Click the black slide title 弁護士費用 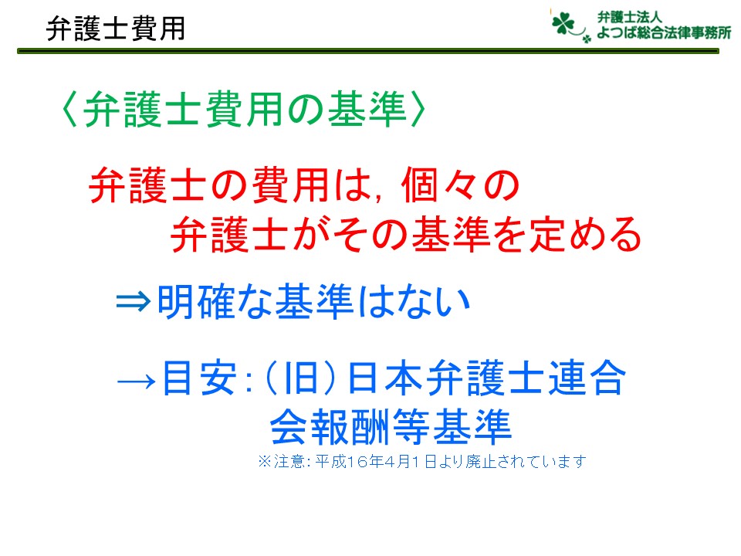point(115,29)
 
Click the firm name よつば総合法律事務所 point(664,32)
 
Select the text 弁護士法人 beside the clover point(629,18)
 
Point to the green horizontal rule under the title point(367,51)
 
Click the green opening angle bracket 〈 point(70,109)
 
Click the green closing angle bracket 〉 point(418,109)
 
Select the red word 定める point(585,234)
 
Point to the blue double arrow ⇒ point(134,301)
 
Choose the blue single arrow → point(136,380)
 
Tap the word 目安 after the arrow point(199,378)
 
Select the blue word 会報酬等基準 point(391,427)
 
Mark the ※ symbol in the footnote point(265,461)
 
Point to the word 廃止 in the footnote point(480,462)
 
